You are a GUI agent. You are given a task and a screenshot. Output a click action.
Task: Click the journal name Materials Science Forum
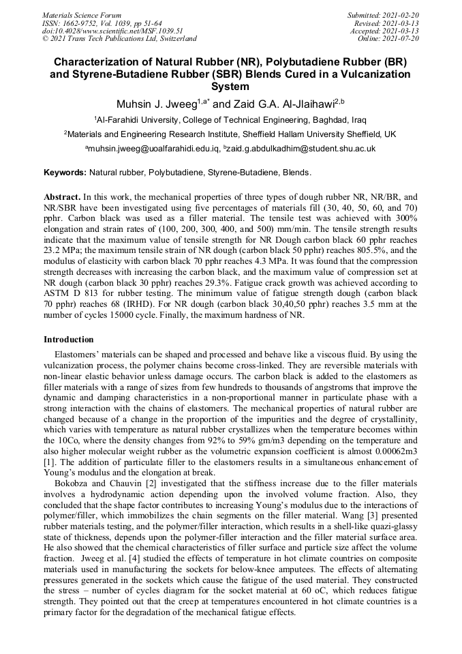tap(82, 15)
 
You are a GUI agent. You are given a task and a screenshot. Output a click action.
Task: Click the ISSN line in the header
tap(102, 23)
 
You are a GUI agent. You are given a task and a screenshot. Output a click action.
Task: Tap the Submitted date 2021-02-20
tap(385, 15)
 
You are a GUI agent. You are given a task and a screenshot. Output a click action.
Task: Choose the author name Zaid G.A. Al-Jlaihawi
tap(286, 104)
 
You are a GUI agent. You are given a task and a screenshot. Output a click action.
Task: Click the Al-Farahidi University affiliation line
tap(230, 119)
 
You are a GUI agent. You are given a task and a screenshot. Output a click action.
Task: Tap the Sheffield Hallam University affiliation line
tap(230, 134)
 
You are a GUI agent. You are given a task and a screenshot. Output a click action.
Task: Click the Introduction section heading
tap(69, 340)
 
